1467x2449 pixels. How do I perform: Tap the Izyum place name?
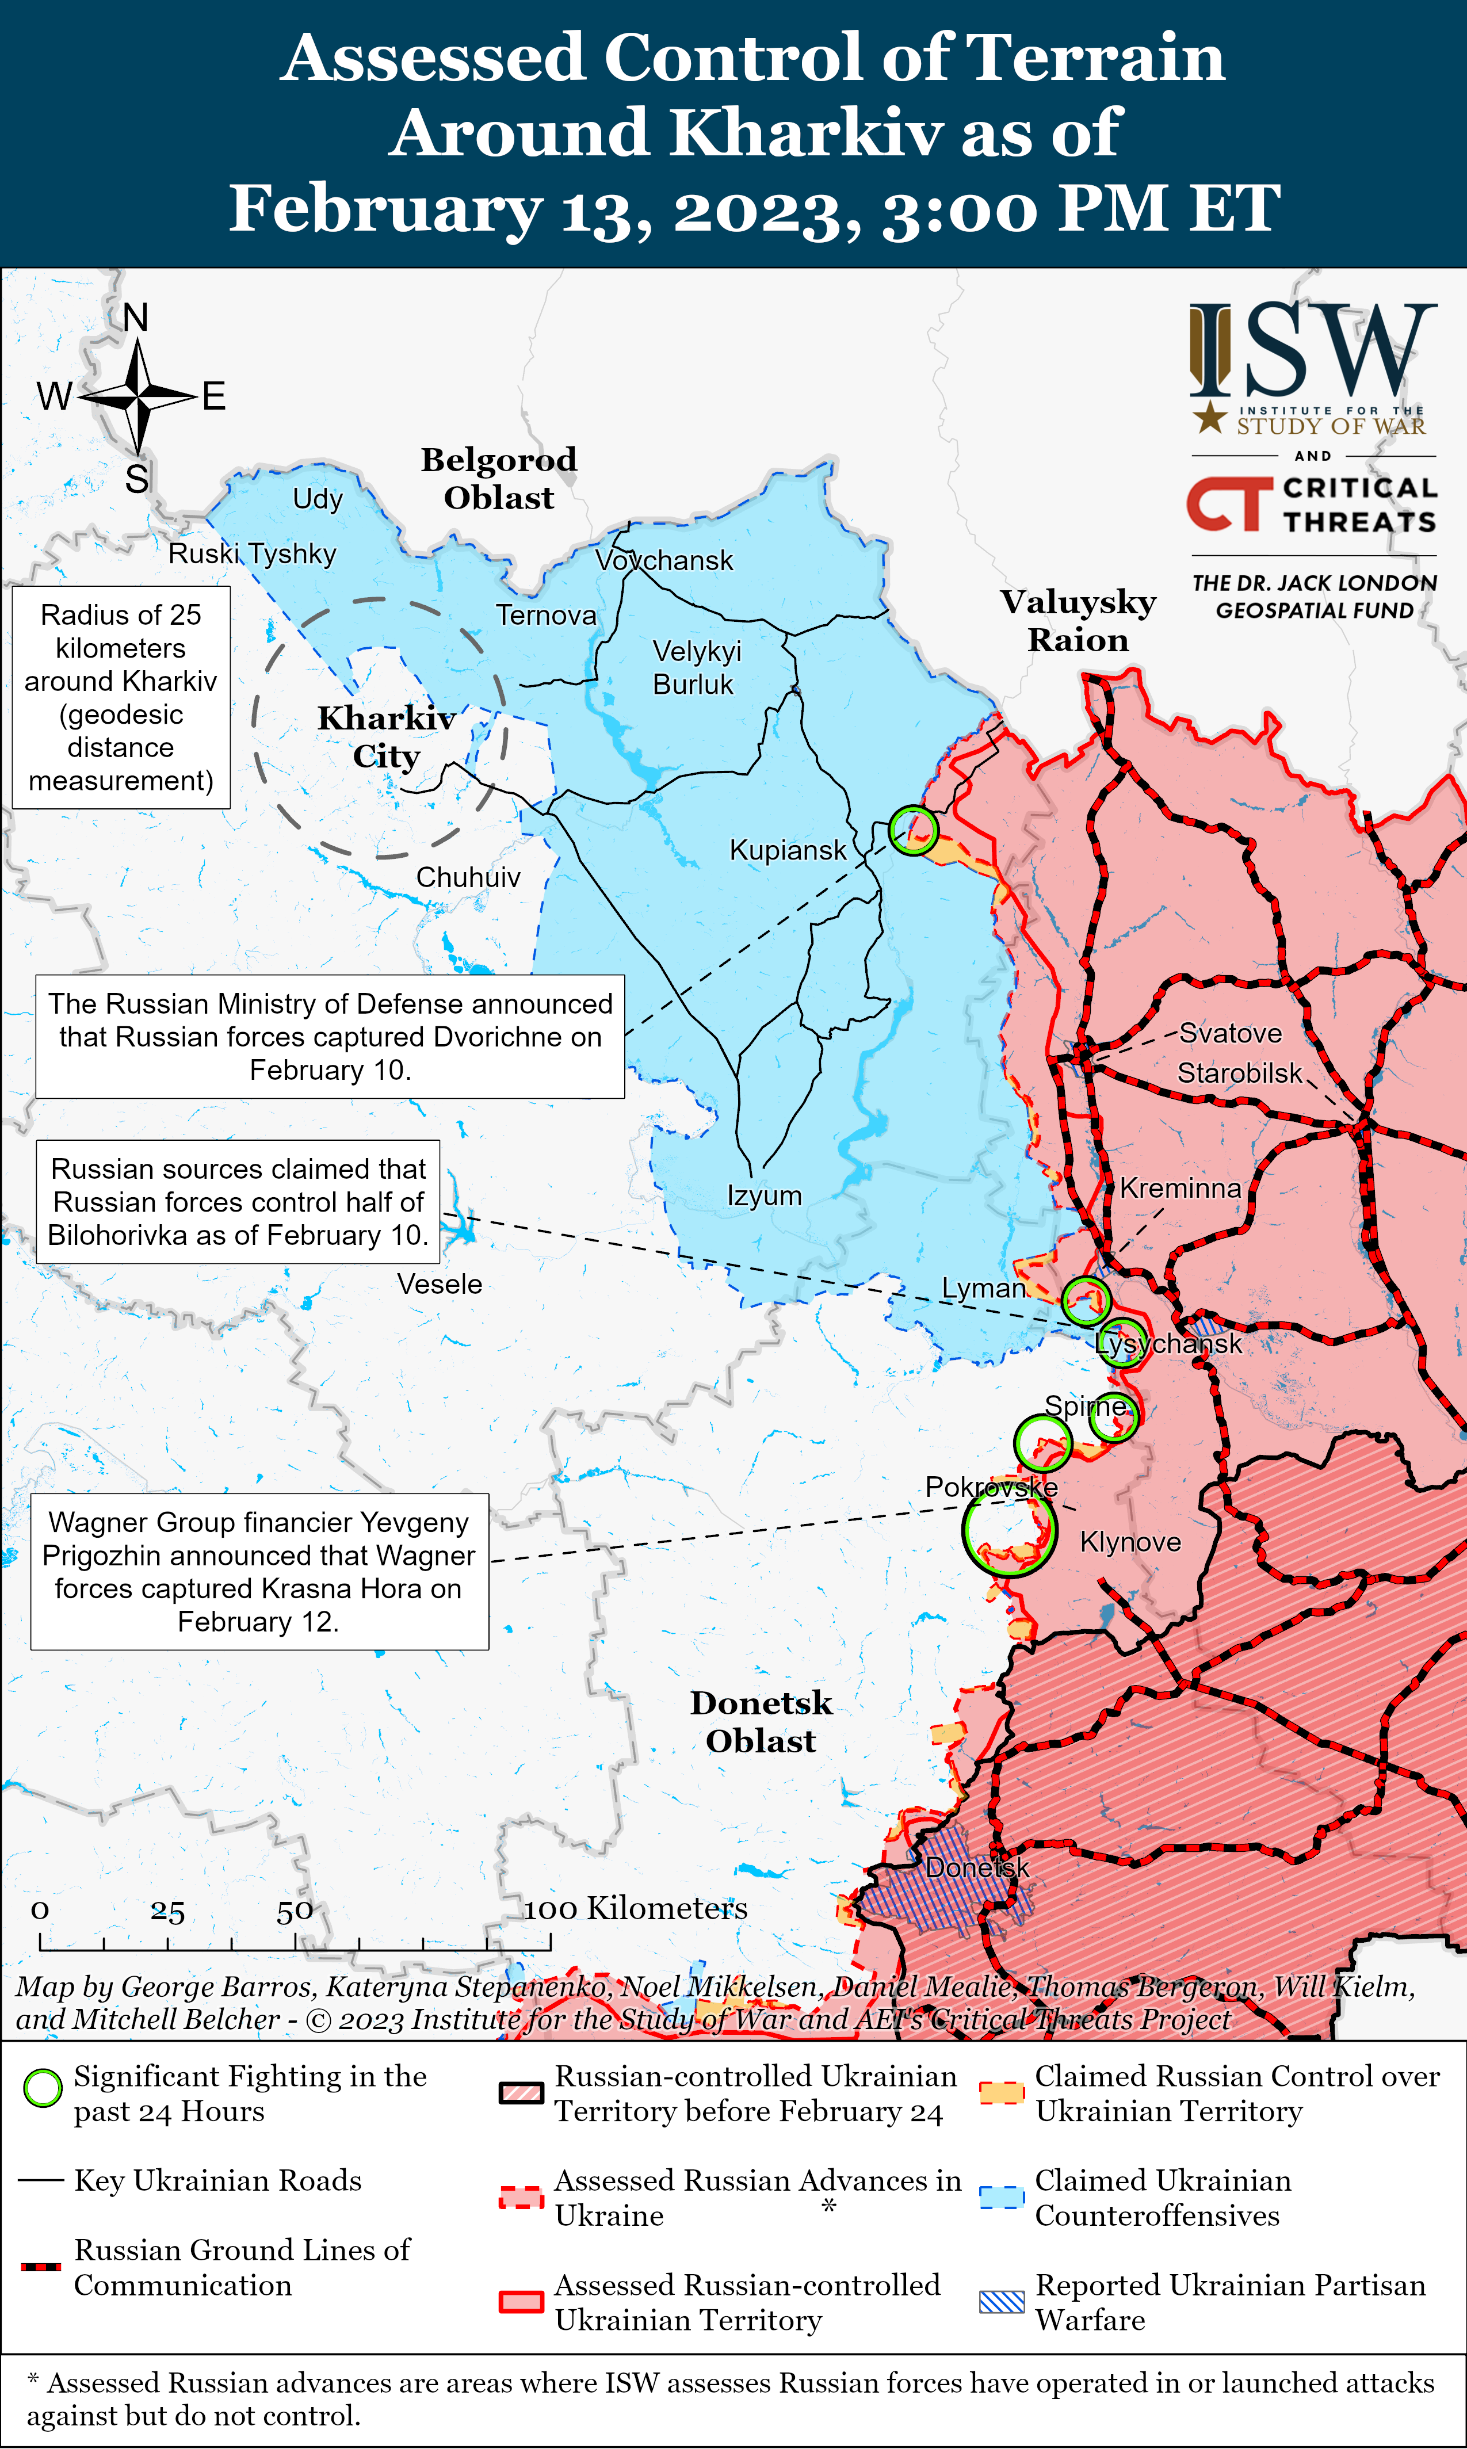(764, 1195)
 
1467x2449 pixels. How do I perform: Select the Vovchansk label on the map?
(664, 560)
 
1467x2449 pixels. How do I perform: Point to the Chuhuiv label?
(468, 877)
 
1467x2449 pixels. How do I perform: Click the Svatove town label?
(1230, 1033)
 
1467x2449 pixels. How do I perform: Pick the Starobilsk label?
(1240, 1072)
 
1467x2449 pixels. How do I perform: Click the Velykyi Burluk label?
(695, 667)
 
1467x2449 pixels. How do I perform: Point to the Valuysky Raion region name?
(1078, 621)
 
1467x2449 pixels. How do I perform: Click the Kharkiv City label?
(385, 736)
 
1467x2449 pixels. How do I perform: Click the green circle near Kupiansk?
(912, 829)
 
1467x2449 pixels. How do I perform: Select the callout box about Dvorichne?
(330, 1037)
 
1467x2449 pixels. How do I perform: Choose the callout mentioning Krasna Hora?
(259, 1571)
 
